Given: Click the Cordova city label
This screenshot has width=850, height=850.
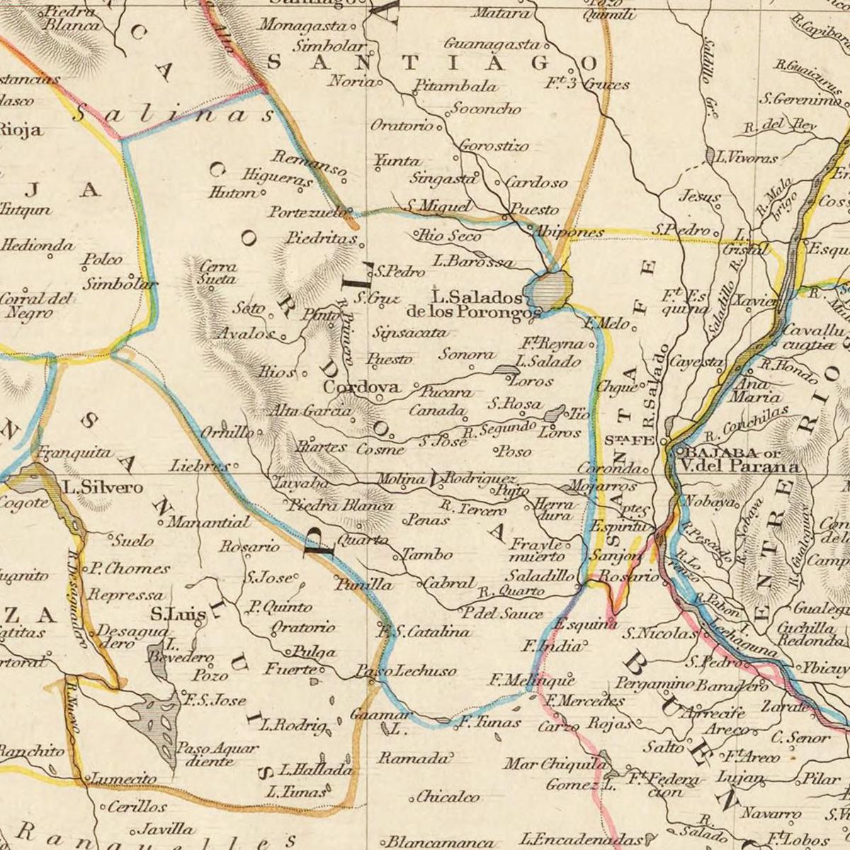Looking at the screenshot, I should click(x=362, y=387).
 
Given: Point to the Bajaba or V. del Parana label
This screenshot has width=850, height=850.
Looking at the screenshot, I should click(x=737, y=459).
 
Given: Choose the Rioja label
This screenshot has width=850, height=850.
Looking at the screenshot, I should click(x=21, y=130).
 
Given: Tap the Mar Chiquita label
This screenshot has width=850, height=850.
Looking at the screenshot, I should click(x=555, y=764).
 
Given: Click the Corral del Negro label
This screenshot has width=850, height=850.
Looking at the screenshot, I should click(x=35, y=306).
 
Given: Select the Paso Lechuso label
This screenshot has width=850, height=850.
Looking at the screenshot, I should click(x=406, y=671).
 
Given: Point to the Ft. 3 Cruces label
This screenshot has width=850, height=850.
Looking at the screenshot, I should click(x=587, y=84).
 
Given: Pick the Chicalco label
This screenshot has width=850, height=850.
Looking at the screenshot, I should click(x=448, y=796).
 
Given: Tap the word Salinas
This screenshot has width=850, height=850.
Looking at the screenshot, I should click(x=174, y=113).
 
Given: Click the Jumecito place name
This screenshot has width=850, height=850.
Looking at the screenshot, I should click(x=121, y=778).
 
